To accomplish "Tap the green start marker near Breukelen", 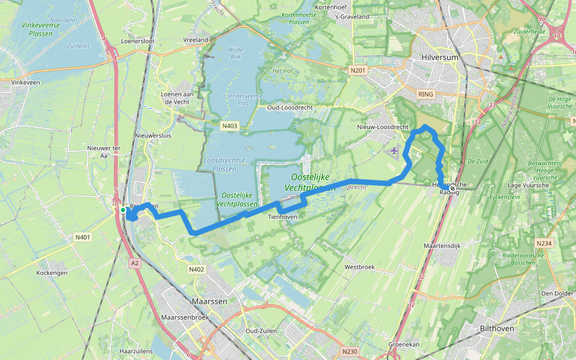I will (x=122, y=210).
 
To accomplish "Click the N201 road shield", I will (x=358, y=71).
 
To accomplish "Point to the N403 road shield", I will (x=229, y=126).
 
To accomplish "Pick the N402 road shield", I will (x=196, y=269).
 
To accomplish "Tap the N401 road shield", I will (x=83, y=238).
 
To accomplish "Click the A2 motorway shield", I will (x=134, y=263).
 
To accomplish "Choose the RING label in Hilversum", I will (x=425, y=94).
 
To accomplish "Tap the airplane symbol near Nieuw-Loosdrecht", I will (x=393, y=151).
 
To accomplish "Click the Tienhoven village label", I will (x=282, y=217).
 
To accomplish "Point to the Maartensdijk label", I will (x=442, y=246).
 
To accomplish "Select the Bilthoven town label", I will (x=497, y=329).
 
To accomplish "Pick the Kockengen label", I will (x=50, y=272).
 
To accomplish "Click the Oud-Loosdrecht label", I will (x=291, y=109).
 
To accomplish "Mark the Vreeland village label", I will (x=196, y=40).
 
